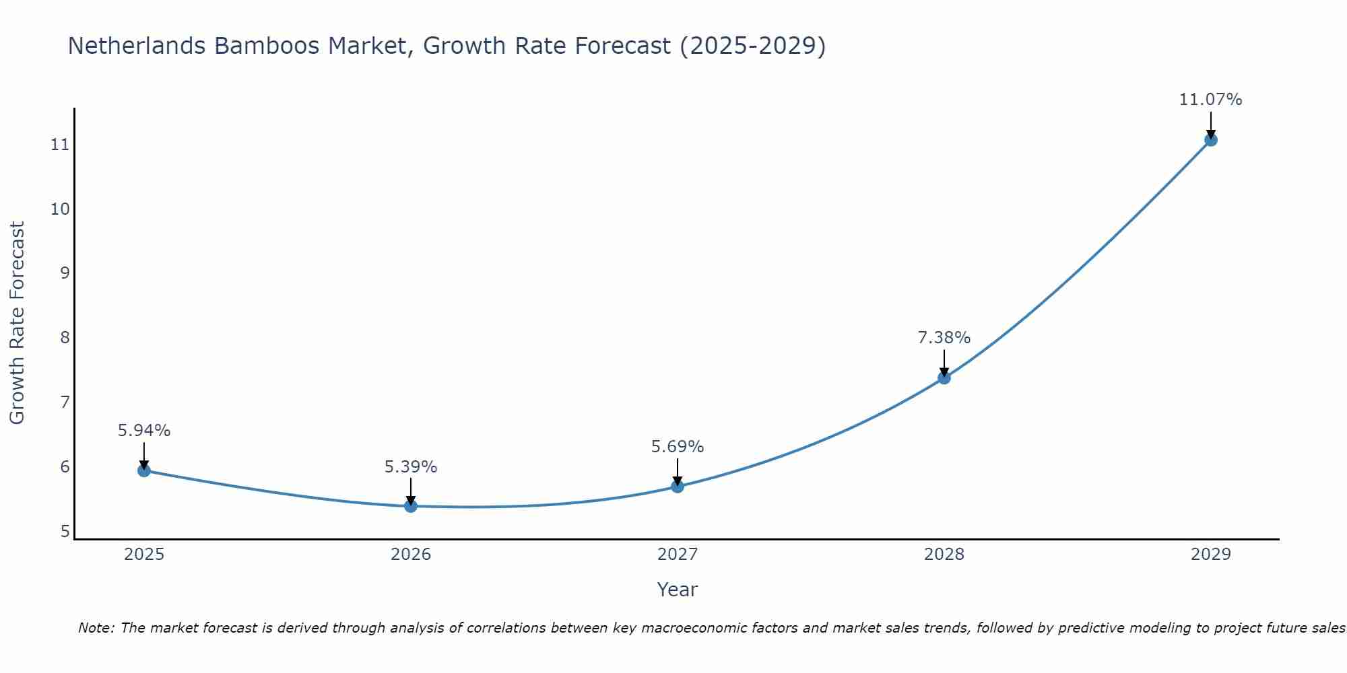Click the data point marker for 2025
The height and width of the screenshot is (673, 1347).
144,470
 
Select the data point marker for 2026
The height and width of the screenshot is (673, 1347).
411,506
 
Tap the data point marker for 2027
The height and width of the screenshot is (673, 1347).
678,487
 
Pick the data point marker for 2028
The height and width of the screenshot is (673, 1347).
944,378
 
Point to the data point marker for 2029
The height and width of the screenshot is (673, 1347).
1211,140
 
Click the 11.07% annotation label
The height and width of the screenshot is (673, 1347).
1210,100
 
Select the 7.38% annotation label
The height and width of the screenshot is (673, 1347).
944,338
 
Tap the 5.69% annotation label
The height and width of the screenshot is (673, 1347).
678,447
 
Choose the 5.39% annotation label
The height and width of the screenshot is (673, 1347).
411,467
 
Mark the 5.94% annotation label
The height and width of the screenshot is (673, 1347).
144,431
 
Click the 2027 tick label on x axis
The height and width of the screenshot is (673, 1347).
678,555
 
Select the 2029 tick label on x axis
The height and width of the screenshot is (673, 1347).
1211,555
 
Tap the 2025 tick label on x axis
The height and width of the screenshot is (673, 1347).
144,555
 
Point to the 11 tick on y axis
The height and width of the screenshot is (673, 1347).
61,145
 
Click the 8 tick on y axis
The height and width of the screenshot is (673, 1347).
65,338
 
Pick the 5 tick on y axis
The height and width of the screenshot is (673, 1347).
65,532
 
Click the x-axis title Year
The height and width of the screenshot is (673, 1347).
678,590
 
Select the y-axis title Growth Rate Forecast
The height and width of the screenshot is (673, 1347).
18,323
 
